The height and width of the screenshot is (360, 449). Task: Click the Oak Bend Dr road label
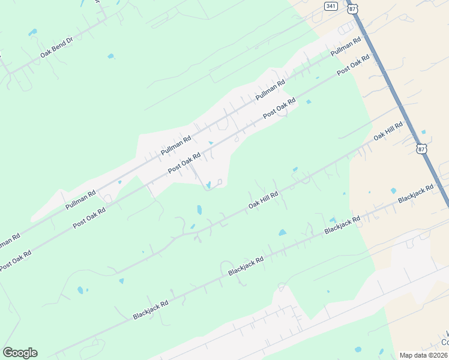(56, 48)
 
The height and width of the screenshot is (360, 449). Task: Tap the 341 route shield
(331, 5)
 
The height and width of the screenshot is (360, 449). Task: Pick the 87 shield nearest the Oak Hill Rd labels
(421, 148)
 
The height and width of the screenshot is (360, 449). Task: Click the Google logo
(20, 353)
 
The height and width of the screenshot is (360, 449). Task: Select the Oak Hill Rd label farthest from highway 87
(264, 201)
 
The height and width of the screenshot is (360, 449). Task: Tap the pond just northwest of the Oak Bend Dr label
(32, 32)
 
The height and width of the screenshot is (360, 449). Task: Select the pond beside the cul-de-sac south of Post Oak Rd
(208, 185)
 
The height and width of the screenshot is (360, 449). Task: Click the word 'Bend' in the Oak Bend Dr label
(56, 48)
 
